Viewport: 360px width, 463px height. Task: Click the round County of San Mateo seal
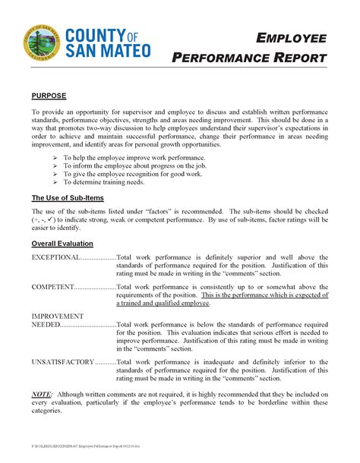coord(41,43)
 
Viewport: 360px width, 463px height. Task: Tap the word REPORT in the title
coord(300,58)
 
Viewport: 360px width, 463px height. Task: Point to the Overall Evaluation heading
coord(62,244)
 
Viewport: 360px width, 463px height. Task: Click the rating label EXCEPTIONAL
coord(55,257)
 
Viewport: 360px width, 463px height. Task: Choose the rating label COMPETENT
coord(52,288)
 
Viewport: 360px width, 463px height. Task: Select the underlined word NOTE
coord(42,395)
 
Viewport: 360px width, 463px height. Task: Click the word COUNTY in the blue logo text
coord(92,35)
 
